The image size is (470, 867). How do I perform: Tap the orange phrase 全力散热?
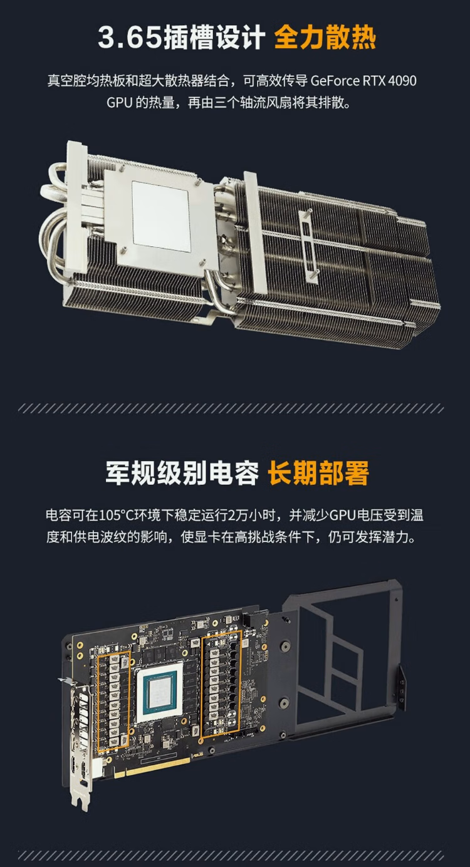pos(325,38)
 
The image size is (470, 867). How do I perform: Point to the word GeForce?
pos(335,81)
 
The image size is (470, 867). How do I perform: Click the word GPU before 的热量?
pos(118,102)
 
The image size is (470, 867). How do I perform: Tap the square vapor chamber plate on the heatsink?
pos(161,215)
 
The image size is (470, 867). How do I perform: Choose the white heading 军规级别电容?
pos(182,474)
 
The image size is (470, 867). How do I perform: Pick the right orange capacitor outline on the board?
pos(221,683)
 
